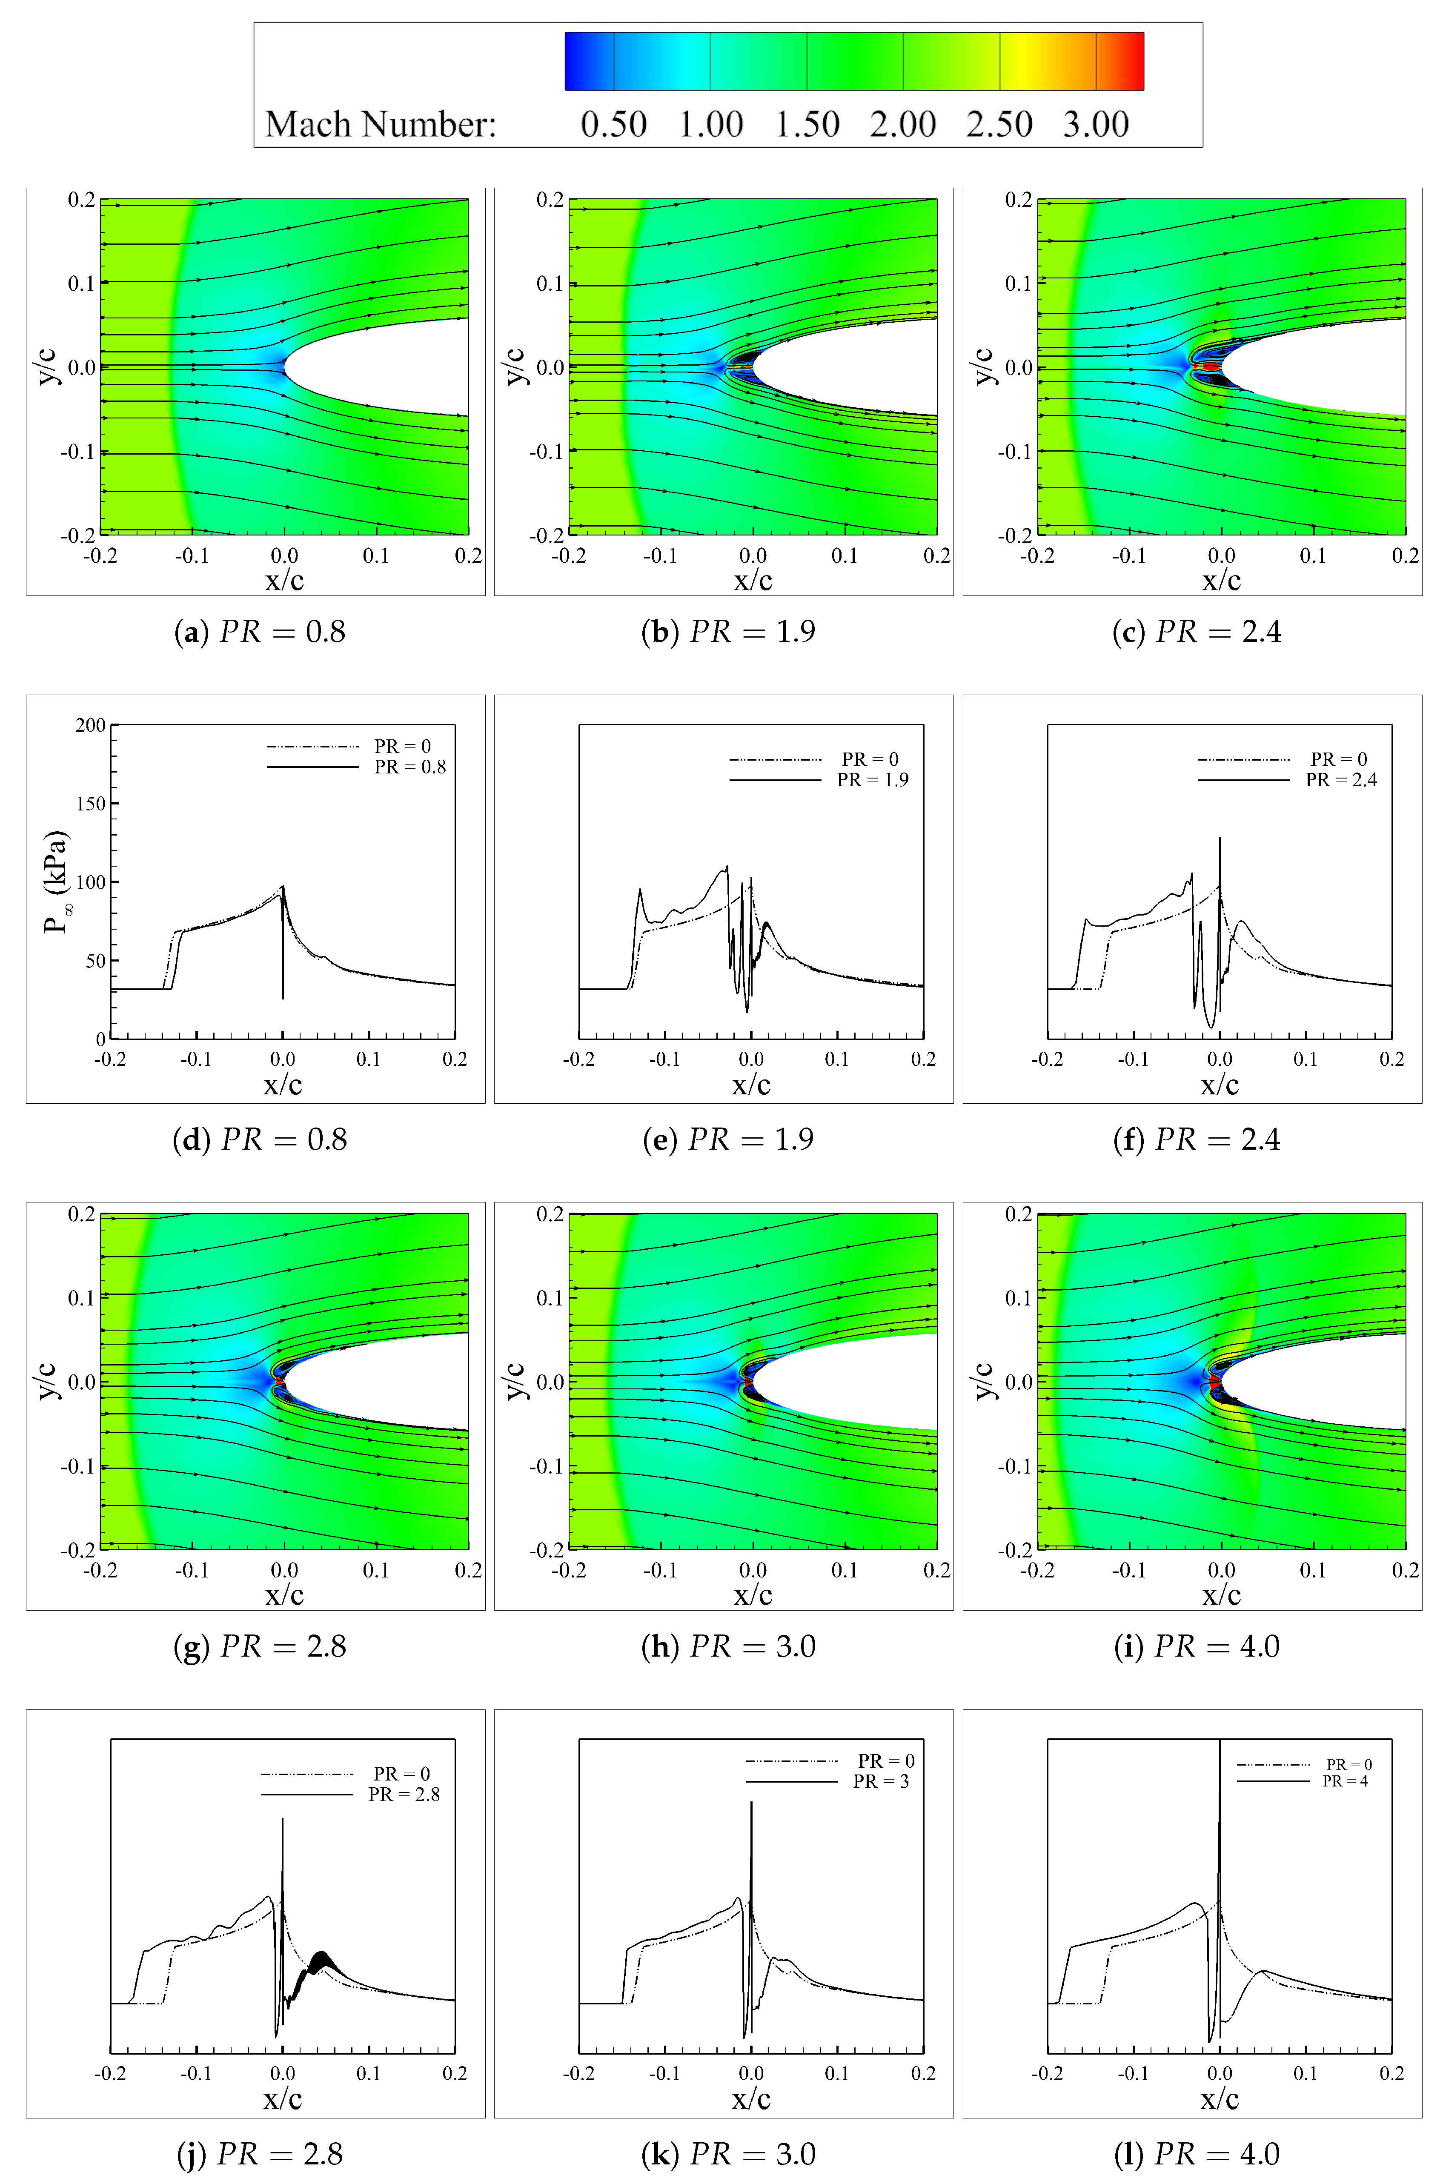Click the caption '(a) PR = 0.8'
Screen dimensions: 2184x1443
(260, 632)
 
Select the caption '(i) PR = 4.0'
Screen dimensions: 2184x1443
(1197, 1646)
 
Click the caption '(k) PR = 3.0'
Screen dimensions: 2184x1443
(728, 2154)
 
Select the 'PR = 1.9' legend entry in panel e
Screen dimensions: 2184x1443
(873, 780)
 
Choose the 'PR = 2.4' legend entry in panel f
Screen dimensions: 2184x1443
(1341, 780)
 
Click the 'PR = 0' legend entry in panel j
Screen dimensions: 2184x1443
(401, 1774)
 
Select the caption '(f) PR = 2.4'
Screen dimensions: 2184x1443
(1197, 1140)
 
